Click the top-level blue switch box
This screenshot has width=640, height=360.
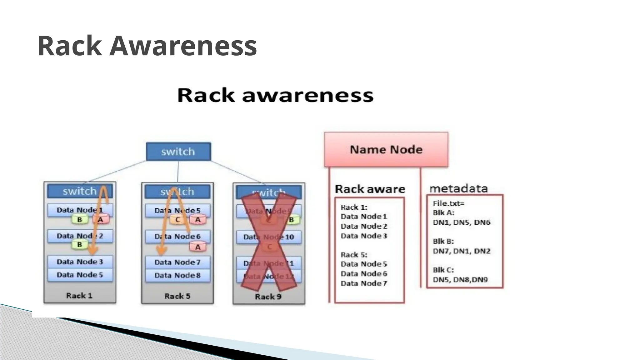(x=178, y=152)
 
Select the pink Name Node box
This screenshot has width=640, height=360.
(x=386, y=149)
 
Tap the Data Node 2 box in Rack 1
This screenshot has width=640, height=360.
(x=80, y=236)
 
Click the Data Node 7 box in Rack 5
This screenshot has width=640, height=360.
(x=177, y=262)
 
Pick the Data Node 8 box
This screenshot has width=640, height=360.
(x=177, y=275)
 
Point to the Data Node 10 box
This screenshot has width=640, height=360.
(x=269, y=237)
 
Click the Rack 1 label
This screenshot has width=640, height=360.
(x=79, y=296)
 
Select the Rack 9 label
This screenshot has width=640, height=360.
(x=268, y=297)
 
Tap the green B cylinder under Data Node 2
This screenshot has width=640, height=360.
(x=80, y=244)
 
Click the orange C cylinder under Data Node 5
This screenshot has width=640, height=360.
(x=177, y=220)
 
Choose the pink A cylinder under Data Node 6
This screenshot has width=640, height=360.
(x=198, y=247)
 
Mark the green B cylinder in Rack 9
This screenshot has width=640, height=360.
(x=292, y=220)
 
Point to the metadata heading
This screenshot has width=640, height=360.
(x=458, y=188)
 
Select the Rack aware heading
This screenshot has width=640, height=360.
(x=370, y=189)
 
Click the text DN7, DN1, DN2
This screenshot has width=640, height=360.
(x=461, y=251)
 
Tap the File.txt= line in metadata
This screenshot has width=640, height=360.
(x=448, y=203)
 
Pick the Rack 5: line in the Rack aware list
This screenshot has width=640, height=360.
(x=354, y=255)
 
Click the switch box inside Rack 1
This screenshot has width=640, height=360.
(x=80, y=191)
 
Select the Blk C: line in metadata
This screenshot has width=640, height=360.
(x=443, y=270)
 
